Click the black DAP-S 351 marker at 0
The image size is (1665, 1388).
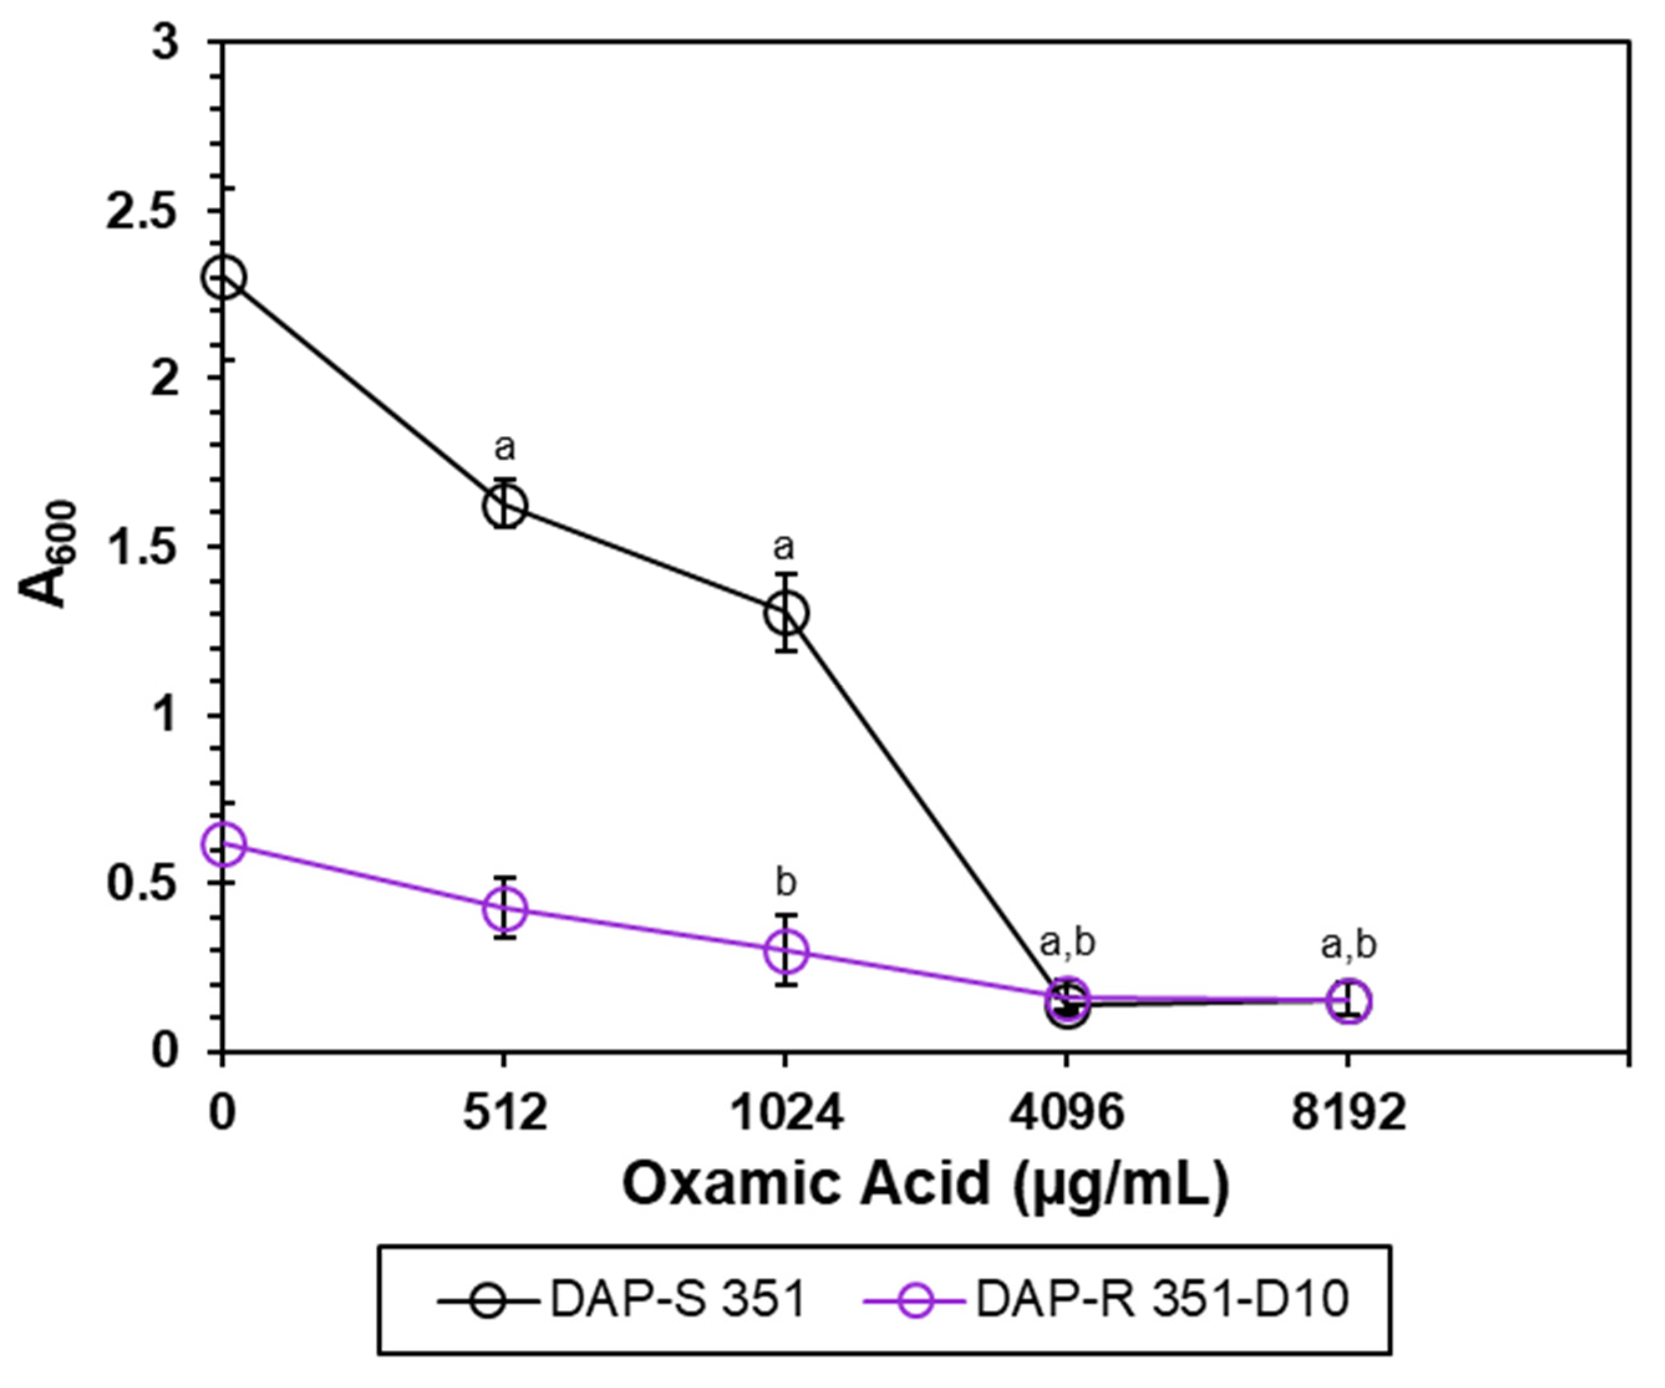tap(223, 277)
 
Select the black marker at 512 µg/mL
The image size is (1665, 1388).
tap(504, 505)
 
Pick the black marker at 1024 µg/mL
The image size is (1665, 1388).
tap(786, 613)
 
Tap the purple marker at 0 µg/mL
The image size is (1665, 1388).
tap(223, 844)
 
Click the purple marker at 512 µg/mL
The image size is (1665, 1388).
tap(504, 908)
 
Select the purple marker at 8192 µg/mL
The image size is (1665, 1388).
tap(1349, 1001)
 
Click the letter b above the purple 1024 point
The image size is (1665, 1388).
tap(786, 882)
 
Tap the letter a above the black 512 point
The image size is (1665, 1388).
tap(504, 448)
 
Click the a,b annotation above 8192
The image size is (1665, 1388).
tap(1349, 945)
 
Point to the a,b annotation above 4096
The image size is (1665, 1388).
tap(1067, 943)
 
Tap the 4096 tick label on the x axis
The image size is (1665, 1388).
tap(1067, 1114)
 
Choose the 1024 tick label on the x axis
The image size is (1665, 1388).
tap(786, 1114)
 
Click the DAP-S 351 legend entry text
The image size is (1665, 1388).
tap(678, 1300)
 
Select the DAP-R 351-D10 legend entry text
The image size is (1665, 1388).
tap(1161, 1300)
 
